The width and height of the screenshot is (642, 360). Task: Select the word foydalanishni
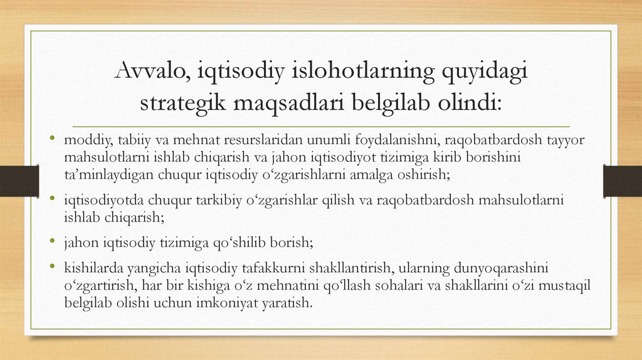point(365,139)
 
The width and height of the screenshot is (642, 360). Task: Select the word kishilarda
point(92,268)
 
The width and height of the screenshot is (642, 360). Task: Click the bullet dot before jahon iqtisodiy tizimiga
point(54,240)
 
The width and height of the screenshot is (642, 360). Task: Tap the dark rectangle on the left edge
point(13,181)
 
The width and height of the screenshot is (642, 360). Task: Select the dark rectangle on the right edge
point(623,181)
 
